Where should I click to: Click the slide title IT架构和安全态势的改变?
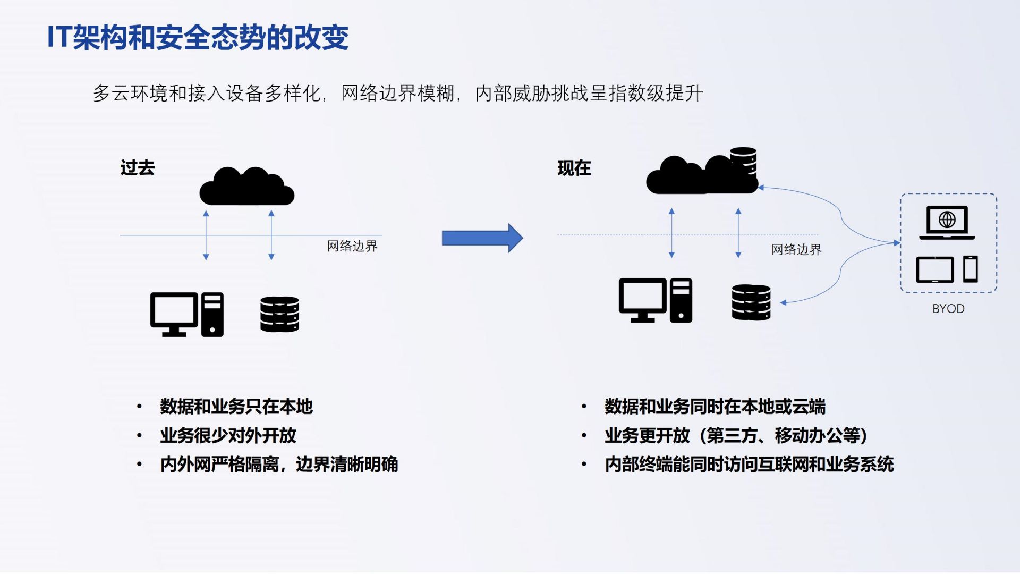point(198,37)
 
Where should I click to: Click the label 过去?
point(138,168)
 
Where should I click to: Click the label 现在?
point(574,168)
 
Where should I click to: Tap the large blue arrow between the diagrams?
point(482,238)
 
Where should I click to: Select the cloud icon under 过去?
point(246,187)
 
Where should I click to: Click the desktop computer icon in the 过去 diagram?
point(186,314)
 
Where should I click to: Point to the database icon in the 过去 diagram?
point(279,314)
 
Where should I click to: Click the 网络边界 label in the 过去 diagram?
point(352,246)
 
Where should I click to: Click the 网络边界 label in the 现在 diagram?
point(796,250)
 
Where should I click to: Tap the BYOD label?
point(948,309)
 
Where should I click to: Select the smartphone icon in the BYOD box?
point(971,269)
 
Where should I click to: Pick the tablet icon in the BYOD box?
point(934,269)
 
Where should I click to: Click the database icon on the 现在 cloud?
point(743,160)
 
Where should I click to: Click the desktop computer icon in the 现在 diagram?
point(655,300)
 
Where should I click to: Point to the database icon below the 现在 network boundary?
point(751,302)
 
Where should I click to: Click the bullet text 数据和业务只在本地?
point(236,407)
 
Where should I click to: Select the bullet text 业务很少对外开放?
point(228,436)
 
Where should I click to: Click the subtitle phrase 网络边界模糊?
point(397,94)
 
